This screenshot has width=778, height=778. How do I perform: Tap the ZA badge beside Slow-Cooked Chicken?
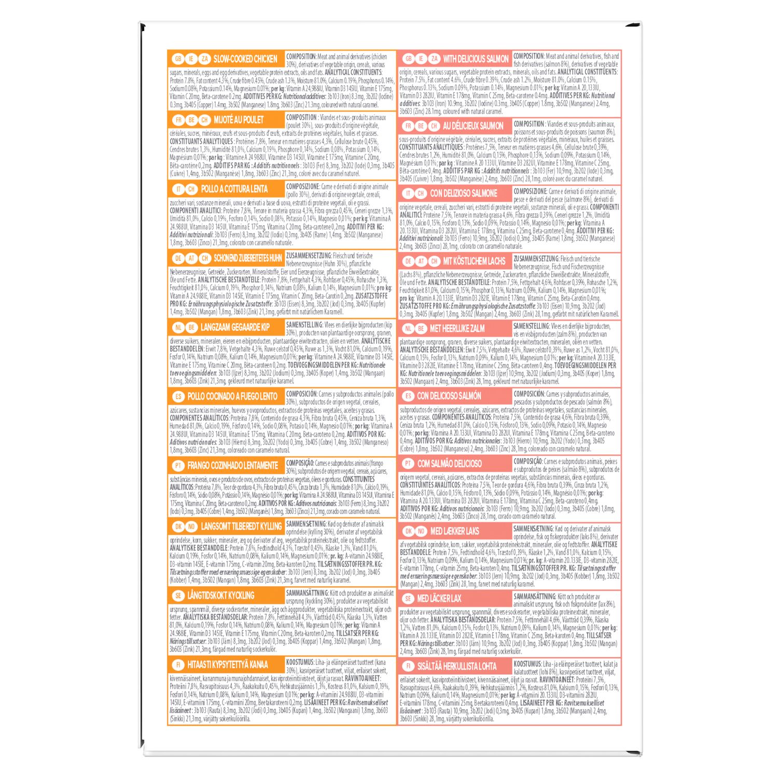click(x=205, y=59)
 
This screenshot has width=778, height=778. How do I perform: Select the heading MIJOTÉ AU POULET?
click(x=239, y=120)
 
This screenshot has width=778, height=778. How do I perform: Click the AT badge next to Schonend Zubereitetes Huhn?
click(x=191, y=258)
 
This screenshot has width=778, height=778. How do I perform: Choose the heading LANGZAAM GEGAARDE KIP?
click(x=235, y=327)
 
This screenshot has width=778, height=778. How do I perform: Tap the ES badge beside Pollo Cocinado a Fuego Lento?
click(x=178, y=396)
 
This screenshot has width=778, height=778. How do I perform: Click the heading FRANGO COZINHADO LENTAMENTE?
click(x=233, y=465)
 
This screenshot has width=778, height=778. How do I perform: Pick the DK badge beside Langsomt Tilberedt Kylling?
click(x=178, y=526)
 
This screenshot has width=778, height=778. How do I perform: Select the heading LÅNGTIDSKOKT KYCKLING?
click(x=221, y=595)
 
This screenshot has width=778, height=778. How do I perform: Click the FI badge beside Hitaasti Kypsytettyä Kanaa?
click(x=178, y=664)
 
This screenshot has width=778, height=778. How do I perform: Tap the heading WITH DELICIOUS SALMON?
click(x=476, y=59)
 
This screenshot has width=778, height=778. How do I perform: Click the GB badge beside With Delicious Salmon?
click(x=408, y=59)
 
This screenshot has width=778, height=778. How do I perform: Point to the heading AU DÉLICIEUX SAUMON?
click(x=473, y=126)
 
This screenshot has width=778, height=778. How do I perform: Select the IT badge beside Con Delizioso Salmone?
click(x=408, y=193)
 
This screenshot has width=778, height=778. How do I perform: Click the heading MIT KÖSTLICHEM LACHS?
click(x=474, y=261)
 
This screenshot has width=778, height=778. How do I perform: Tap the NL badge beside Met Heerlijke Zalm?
click(x=408, y=328)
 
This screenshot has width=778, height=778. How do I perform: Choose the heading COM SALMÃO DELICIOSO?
click(x=450, y=464)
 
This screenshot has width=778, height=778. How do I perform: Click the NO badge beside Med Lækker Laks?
click(x=421, y=531)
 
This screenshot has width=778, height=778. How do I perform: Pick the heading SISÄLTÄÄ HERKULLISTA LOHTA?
click(x=457, y=666)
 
